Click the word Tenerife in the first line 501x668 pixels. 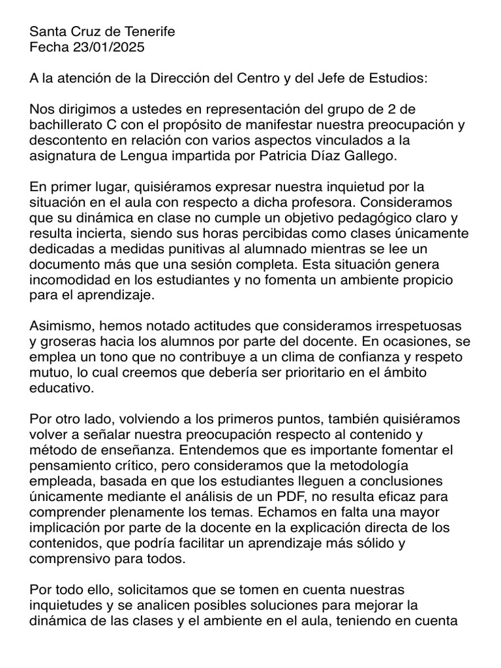pyautogui.click(x=149, y=32)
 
